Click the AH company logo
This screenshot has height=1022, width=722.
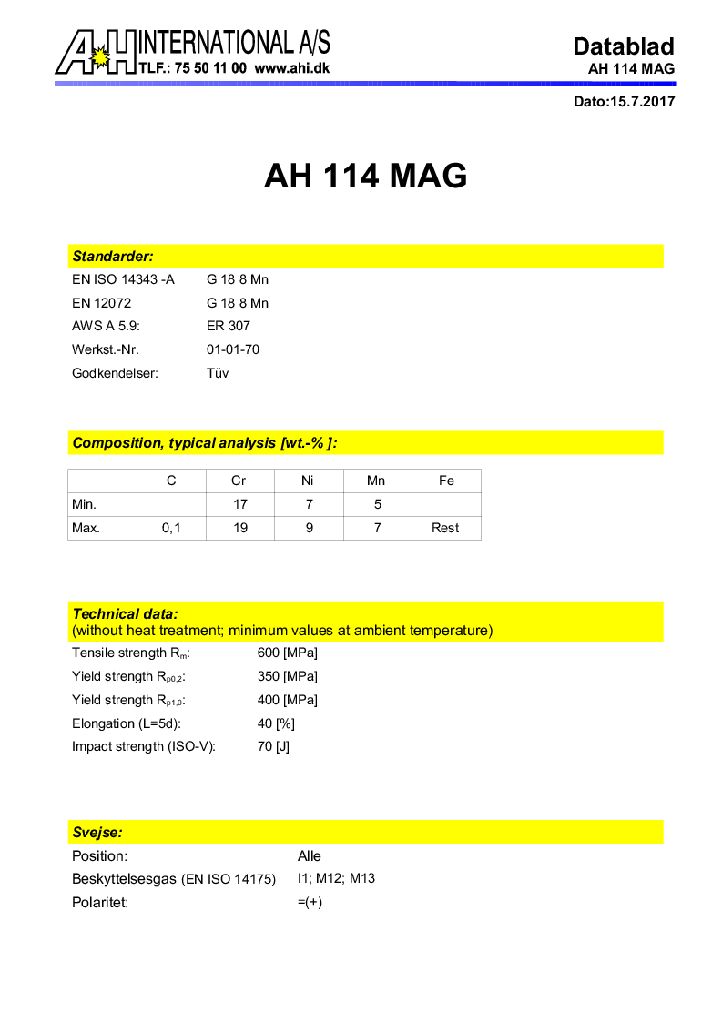(x=96, y=52)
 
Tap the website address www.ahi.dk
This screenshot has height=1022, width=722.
(x=292, y=68)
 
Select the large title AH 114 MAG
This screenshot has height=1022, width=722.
(x=365, y=176)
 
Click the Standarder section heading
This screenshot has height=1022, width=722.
(x=113, y=257)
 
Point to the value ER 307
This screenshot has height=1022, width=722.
(x=229, y=326)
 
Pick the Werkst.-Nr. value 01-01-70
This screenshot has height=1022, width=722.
(x=233, y=349)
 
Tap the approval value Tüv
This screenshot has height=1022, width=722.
(x=218, y=373)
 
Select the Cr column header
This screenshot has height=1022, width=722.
(x=239, y=481)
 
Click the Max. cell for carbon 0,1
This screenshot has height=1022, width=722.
(x=171, y=528)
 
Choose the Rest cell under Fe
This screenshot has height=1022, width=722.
(x=445, y=528)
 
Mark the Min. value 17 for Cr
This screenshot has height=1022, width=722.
(x=240, y=504)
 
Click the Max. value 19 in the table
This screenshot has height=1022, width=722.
(x=240, y=528)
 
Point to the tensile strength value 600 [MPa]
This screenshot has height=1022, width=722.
(x=288, y=653)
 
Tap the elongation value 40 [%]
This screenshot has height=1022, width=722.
(x=277, y=723)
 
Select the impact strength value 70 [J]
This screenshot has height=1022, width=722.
(x=274, y=747)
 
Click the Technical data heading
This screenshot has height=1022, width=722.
(x=126, y=614)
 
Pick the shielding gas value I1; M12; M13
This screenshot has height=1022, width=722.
(x=336, y=879)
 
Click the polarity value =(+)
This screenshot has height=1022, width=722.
(x=310, y=903)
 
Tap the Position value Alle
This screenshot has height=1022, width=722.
(x=310, y=856)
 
